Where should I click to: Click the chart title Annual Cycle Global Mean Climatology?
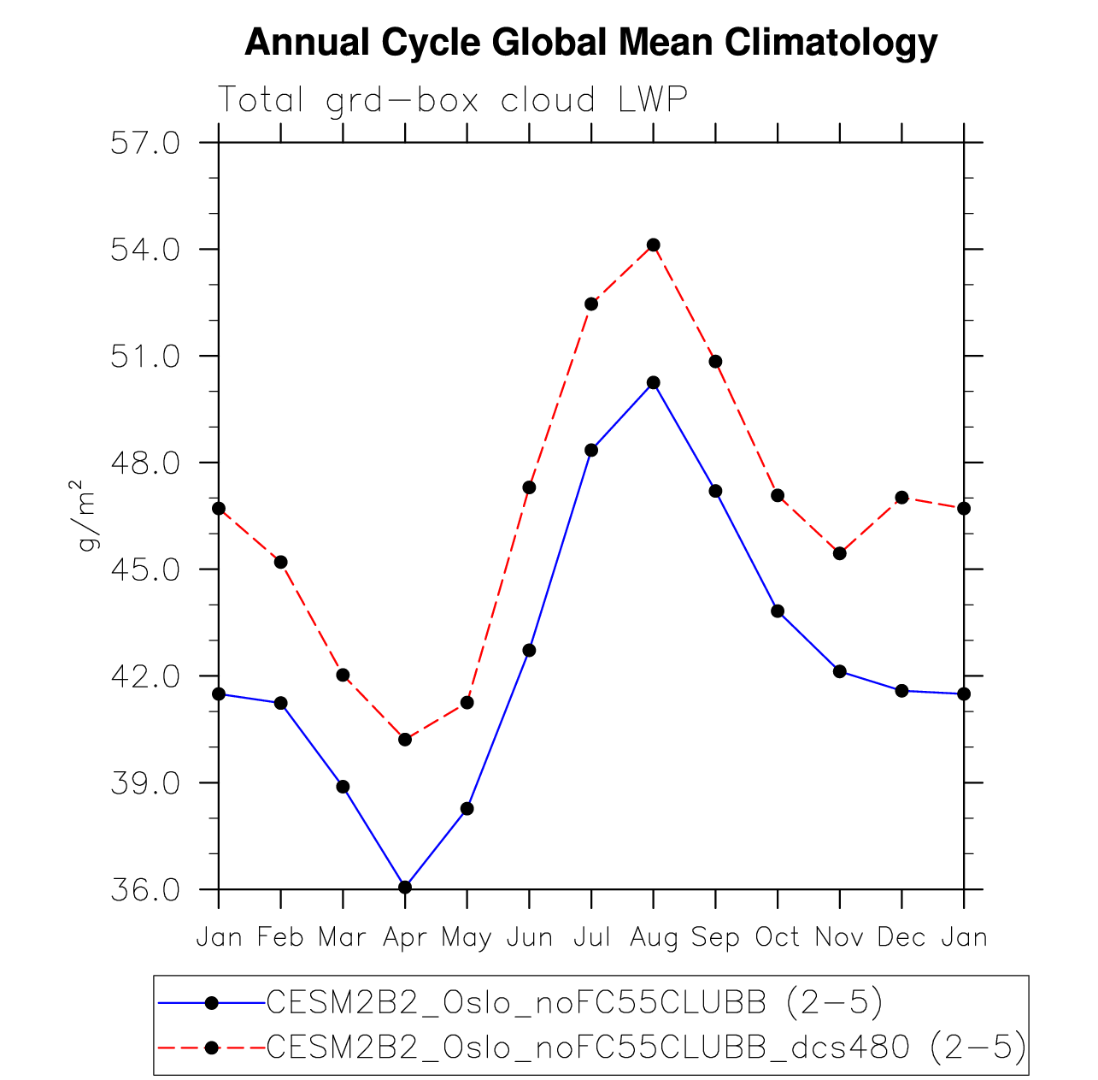pos(590,43)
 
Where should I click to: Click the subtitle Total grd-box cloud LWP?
pos(453,100)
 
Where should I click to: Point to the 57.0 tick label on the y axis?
pos(145,143)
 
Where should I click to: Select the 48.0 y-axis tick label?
pos(145,463)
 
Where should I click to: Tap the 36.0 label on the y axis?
pos(145,889)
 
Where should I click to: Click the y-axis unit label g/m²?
pos(89,516)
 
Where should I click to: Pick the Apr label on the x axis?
pos(405,938)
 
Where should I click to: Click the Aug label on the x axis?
pos(654,938)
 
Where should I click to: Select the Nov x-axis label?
pos(839,938)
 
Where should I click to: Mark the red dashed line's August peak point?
pos(654,245)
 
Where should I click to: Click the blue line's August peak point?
pos(654,382)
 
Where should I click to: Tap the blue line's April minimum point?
pos(405,887)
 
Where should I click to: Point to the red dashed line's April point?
pos(405,739)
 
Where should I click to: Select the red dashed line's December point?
pos(901,497)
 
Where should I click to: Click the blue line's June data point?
pos(529,650)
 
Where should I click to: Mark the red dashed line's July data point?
pos(591,304)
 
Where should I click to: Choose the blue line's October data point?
pos(778,611)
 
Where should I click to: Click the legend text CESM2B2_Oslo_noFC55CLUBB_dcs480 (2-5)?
pos(647,1047)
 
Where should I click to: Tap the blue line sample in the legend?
pos(212,1002)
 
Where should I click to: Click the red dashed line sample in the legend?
pos(212,1047)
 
